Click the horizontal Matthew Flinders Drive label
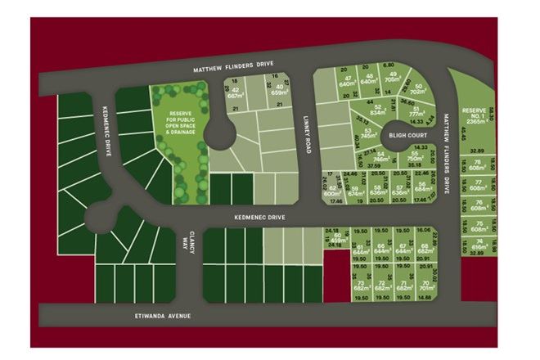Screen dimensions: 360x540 point(232,68)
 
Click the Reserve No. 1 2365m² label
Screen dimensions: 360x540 point(474,116)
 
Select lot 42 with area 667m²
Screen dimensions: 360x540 point(236,93)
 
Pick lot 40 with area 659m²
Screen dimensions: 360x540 point(281,90)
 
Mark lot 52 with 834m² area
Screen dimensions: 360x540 point(377,110)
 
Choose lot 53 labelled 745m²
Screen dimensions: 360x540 point(369,133)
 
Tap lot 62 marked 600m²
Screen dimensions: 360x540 point(332,189)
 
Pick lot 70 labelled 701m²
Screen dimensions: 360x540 point(425,286)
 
